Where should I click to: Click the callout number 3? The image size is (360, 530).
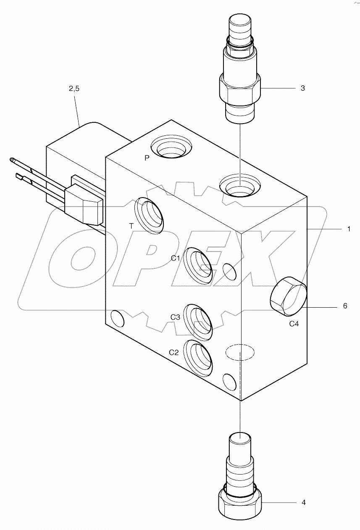302,88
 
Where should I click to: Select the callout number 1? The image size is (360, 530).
349,229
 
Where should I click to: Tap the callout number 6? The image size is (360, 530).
345,306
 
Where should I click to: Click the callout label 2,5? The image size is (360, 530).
73,88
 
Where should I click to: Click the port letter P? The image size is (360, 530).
147,158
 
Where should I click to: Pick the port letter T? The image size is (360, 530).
131,226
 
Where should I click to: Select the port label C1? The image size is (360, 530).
175,258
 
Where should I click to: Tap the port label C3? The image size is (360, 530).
175,317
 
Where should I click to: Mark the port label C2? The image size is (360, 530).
174,352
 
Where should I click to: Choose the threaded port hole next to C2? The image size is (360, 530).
199,358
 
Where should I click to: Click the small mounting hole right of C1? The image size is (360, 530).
229,271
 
